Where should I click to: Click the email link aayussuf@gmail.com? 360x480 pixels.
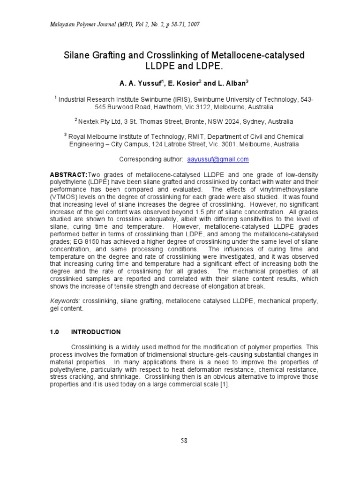(218, 159)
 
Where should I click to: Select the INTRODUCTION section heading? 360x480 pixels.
(96, 332)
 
